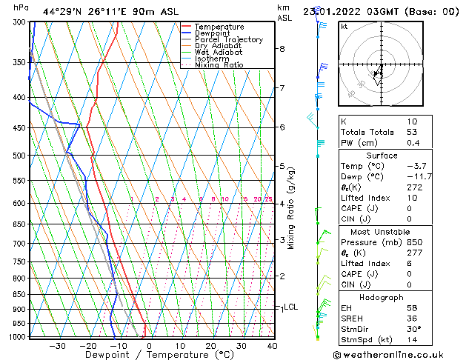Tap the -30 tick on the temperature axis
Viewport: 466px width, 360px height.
[57, 345]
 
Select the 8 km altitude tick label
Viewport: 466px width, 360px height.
[282, 49]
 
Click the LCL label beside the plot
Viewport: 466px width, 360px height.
[291, 307]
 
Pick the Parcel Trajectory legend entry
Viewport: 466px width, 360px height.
[228, 40]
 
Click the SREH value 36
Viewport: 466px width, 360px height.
[413, 319]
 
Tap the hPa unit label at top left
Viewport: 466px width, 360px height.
[21, 8]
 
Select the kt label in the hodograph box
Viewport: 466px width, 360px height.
[344, 27]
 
